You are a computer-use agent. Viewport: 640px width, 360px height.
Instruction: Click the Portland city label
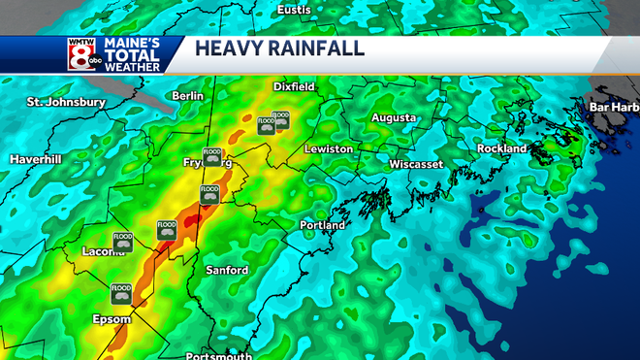pyautogui.click(x=323, y=225)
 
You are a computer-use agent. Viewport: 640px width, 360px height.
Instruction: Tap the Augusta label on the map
pyautogui.click(x=394, y=117)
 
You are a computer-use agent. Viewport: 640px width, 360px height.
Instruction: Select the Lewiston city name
pyautogui.click(x=328, y=149)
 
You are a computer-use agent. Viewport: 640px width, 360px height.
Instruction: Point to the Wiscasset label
pyautogui.click(x=416, y=164)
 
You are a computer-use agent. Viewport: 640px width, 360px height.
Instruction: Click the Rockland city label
pyautogui.click(x=501, y=148)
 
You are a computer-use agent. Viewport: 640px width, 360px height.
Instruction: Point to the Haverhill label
pyautogui.click(x=36, y=158)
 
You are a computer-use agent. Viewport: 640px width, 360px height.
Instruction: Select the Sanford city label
pyautogui.click(x=227, y=270)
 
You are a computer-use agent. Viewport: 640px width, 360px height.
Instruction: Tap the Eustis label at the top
pyautogui.click(x=294, y=9)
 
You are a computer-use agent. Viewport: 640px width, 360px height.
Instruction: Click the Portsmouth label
pyautogui.click(x=218, y=355)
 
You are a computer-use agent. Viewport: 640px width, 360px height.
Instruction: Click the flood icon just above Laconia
pyautogui.click(x=123, y=242)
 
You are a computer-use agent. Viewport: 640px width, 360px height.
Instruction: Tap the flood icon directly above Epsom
pyautogui.click(x=121, y=292)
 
